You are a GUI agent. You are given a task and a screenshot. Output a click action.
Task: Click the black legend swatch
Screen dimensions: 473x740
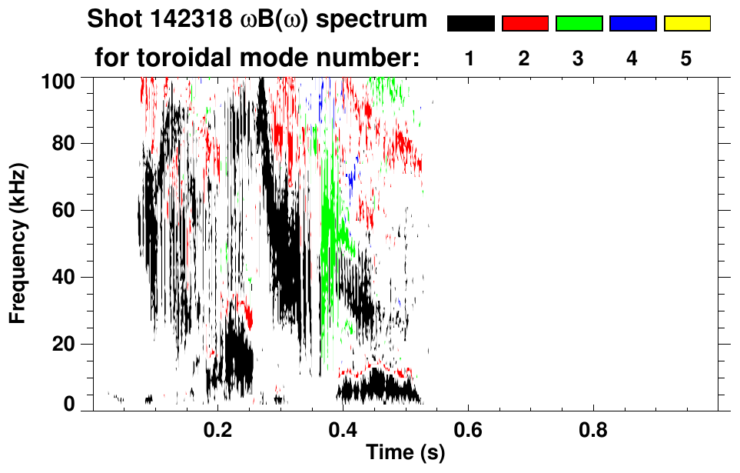point(471,24)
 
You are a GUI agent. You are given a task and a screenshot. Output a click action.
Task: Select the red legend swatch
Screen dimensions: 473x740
point(525,24)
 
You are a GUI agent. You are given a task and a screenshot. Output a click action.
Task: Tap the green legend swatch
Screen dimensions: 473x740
point(579,24)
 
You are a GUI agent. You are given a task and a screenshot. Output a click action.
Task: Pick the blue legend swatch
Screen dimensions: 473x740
point(632,24)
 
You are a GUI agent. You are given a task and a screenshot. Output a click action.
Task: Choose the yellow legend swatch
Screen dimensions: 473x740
point(686,24)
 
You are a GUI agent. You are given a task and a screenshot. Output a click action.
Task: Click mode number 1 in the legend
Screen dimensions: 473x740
point(470,58)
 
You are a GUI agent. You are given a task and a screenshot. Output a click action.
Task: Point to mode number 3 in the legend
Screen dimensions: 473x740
point(578,58)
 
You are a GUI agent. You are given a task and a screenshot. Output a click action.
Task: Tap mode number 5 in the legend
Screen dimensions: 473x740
point(685,58)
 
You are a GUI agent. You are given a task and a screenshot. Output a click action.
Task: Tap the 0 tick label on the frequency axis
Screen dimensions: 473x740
point(70,404)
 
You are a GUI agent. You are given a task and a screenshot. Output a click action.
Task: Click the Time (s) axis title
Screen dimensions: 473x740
point(405,454)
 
